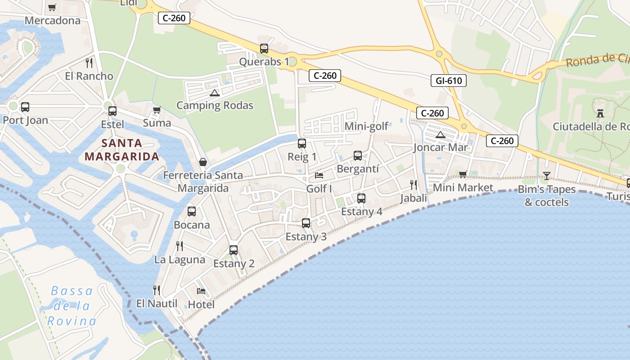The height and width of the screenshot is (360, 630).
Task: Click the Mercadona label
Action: pos(53,21)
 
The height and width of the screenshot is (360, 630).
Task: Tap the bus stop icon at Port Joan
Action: pos(25,107)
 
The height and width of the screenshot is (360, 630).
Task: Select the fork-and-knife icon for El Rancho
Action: pos(89,63)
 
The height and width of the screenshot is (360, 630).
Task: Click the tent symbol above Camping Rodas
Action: pos(215,93)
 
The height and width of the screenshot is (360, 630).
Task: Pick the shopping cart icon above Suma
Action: pos(157,110)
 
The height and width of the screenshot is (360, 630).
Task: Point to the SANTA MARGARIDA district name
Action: pos(121,150)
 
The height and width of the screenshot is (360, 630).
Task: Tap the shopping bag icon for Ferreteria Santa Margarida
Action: pos(203,162)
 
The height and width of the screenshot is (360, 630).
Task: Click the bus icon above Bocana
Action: pos(192,211)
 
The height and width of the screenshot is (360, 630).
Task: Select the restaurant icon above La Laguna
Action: pos(180,246)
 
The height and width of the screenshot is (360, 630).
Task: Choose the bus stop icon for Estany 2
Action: pos(234,250)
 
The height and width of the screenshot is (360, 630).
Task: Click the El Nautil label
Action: pos(157,304)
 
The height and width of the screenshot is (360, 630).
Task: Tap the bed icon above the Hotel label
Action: pos(201,291)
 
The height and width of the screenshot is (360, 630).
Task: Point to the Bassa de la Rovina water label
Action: pos(72,306)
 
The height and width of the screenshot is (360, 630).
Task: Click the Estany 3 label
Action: pos(306,237)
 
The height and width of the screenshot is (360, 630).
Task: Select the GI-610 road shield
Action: pos(449,81)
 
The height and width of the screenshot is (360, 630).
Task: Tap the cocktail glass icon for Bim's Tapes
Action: pos(547,176)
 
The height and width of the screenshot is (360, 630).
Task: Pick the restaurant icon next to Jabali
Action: pos(414,184)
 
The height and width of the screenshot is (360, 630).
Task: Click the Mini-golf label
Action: pos(366,126)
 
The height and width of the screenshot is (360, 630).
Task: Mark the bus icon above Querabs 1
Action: pos(264,49)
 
